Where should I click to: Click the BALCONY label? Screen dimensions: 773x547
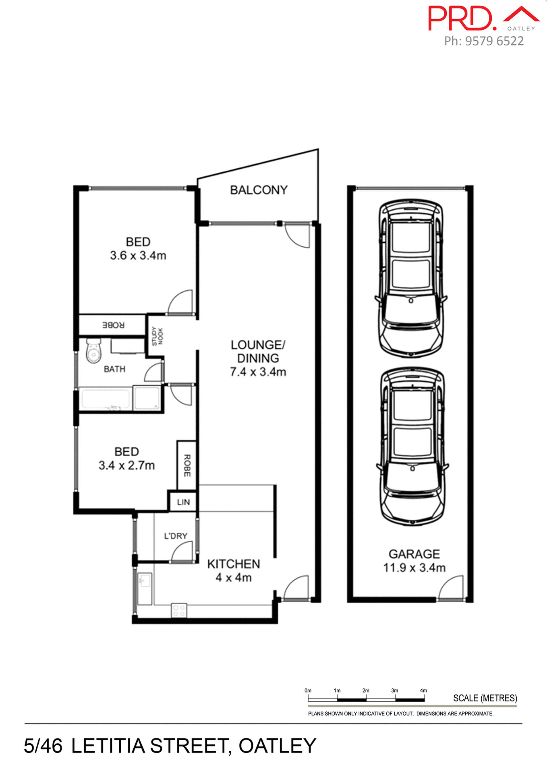(x=259, y=190)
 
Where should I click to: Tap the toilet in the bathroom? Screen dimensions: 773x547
(x=93, y=351)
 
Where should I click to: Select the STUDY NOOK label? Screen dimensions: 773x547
(x=157, y=336)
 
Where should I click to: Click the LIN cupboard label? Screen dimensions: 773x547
(x=183, y=502)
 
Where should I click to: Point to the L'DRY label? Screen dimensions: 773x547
(x=176, y=536)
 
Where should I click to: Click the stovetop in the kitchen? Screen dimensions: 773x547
(x=179, y=610)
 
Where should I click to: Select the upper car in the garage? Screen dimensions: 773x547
(x=411, y=279)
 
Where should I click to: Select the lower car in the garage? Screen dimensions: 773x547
(x=412, y=447)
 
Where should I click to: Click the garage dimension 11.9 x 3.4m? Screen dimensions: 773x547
(x=414, y=568)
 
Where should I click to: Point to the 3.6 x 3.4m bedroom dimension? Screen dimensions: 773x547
(x=138, y=256)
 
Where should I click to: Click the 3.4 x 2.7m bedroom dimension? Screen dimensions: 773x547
(x=126, y=465)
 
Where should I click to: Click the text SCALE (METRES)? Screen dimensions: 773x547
(x=485, y=698)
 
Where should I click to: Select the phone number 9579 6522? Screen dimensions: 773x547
(x=494, y=41)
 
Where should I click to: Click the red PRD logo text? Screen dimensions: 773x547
(x=461, y=19)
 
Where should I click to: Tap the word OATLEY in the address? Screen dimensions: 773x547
(x=277, y=746)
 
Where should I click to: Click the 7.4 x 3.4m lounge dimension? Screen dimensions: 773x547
(x=258, y=372)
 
